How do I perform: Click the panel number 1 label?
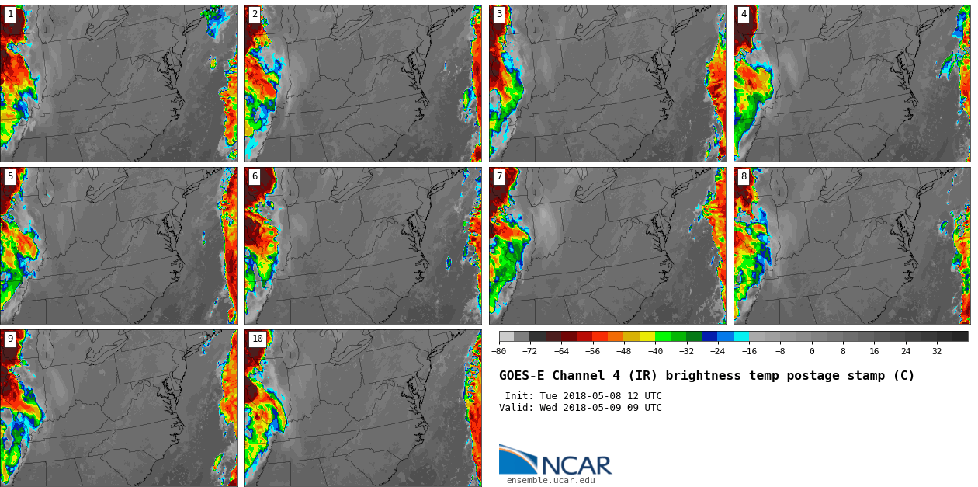point(10,14)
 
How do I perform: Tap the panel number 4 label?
point(744,14)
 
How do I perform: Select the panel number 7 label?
point(499,176)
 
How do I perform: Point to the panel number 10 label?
point(257,339)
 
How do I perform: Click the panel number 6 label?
point(255,176)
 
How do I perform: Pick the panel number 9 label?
point(10,339)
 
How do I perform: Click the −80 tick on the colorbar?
point(498,351)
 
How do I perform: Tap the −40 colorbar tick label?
point(655,351)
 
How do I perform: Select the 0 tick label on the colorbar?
point(812,351)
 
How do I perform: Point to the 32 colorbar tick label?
point(937,351)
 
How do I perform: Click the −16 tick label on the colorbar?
point(749,351)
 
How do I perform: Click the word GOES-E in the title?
point(522,376)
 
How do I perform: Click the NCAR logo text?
point(576,465)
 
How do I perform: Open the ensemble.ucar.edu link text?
point(550,480)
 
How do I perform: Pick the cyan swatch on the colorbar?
point(741,336)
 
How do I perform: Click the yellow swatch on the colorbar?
point(647,336)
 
